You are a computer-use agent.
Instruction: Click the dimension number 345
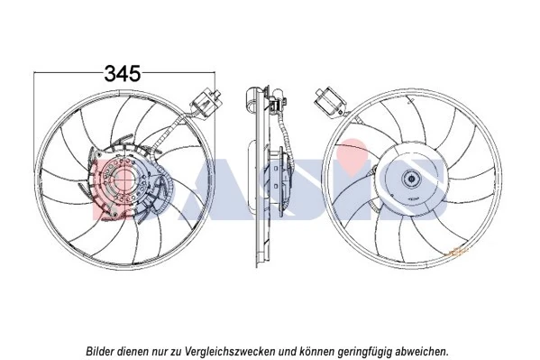point(122,73)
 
